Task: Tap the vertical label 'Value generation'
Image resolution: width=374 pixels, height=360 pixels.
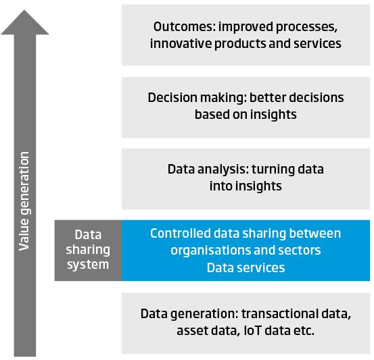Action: [24, 201]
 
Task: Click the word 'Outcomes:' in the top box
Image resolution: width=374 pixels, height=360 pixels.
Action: [185, 26]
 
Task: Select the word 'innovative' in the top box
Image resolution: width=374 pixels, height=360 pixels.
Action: [181, 44]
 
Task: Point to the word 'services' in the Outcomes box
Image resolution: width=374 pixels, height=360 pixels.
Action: [317, 44]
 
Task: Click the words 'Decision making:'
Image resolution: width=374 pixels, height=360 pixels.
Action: [197, 98]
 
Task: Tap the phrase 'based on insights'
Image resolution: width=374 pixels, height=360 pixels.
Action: [246, 115]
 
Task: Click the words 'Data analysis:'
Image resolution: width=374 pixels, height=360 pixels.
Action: [208, 170]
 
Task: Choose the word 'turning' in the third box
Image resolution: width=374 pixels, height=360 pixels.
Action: [273, 170]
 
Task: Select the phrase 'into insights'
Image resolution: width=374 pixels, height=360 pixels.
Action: [246, 186]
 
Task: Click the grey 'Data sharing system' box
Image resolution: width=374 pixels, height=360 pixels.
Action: [88, 251]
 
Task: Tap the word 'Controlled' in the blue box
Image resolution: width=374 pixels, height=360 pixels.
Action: [181, 233]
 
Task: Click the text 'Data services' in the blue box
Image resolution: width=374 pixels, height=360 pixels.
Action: [246, 267]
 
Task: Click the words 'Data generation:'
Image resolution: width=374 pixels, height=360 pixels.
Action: [189, 314]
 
